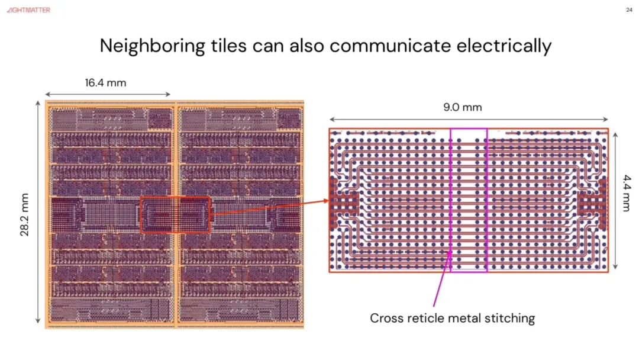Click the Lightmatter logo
pyautogui.click(x=28, y=10)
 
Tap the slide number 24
pyautogui.click(x=629, y=10)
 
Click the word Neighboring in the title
pyautogui.click(x=153, y=46)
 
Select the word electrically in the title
pyautogui.click(x=504, y=46)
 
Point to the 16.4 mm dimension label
pyautogui.click(x=105, y=83)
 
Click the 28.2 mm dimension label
pyautogui.click(x=24, y=214)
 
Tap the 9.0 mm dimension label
pyautogui.click(x=463, y=107)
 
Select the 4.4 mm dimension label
pyautogui.click(x=627, y=193)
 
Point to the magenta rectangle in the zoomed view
pyautogui.click(x=450, y=200)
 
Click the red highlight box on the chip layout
pyautogui.click(x=141, y=215)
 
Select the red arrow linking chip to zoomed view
pyautogui.click(x=270, y=207)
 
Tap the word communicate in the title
pyautogui.click(x=390, y=46)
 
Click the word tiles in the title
pyautogui.click(x=228, y=46)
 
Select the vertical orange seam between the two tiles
pyautogui.click(x=176, y=214)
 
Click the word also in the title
pyautogui.click(x=307, y=46)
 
